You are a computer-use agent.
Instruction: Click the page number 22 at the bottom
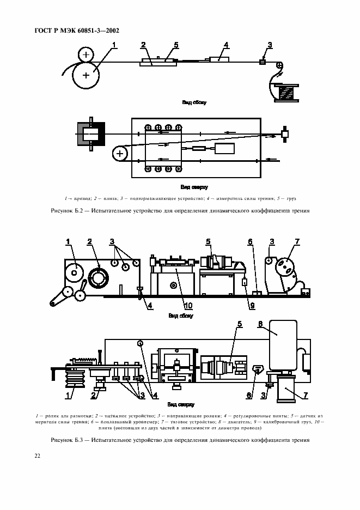pyautogui.click(x=37, y=456)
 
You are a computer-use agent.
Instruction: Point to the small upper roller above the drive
pyautogui.click(x=85, y=54)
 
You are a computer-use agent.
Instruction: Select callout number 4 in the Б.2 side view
pyautogui.click(x=225, y=45)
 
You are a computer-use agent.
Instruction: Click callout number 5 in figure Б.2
pyautogui.click(x=176, y=45)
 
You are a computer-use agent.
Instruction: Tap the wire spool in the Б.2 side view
pyautogui.click(x=286, y=92)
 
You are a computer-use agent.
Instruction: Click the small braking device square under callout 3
pyautogui.click(x=262, y=63)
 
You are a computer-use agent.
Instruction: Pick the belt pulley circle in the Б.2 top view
pyautogui.click(x=119, y=155)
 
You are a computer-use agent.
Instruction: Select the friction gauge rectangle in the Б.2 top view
pyautogui.click(x=224, y=149)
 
